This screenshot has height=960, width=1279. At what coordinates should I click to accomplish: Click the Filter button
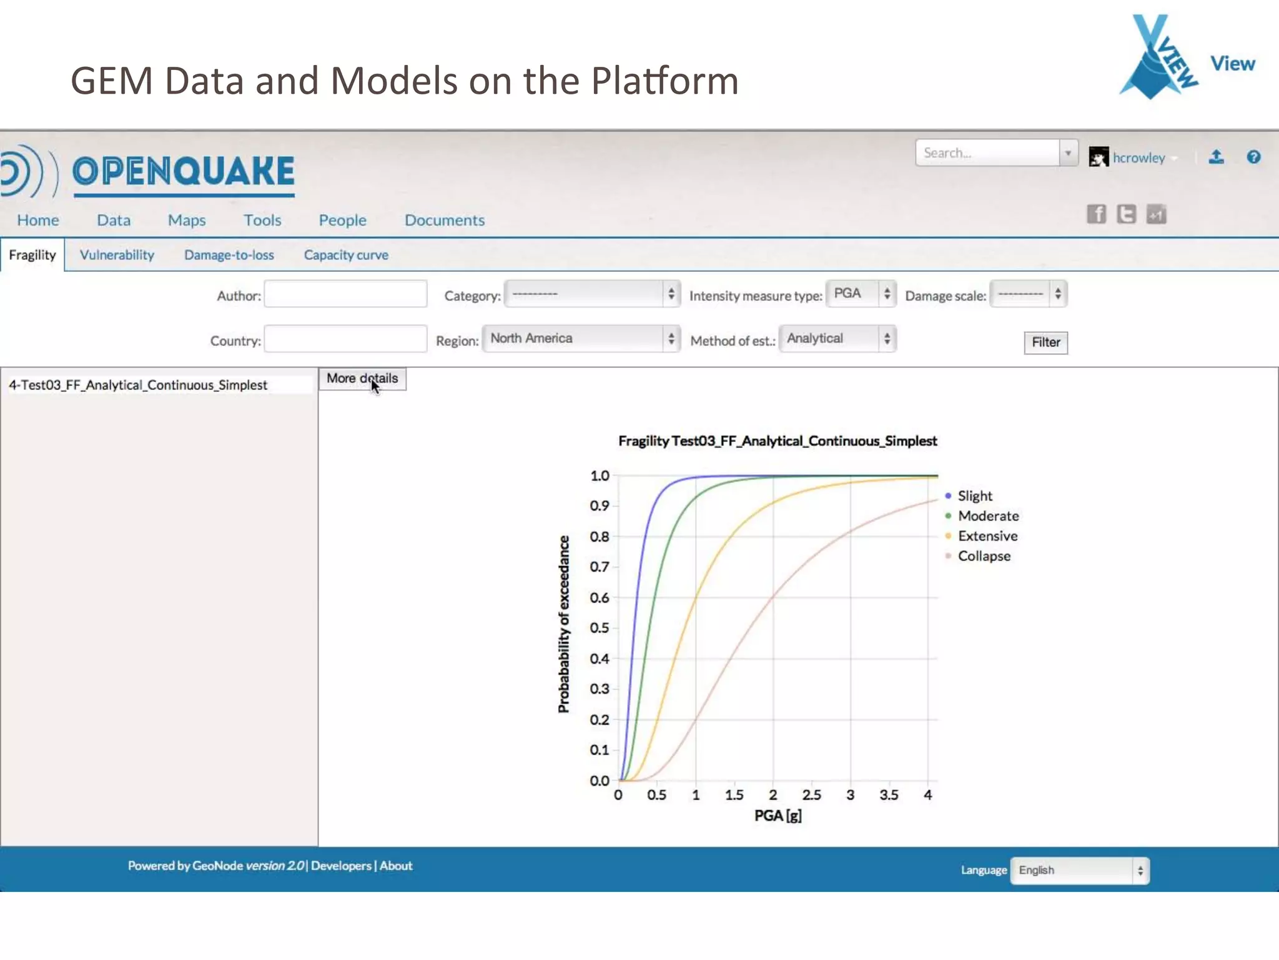(1045, 342)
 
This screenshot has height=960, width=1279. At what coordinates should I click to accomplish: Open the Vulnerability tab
(117, 255)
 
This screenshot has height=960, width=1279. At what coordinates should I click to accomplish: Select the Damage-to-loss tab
(229, 255)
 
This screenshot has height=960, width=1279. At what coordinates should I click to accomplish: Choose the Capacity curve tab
(346, 255)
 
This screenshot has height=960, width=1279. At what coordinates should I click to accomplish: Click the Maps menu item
(186, 220)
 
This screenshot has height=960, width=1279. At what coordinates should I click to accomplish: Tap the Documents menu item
(444, 220)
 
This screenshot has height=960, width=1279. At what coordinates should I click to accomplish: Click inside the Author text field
(345, 294)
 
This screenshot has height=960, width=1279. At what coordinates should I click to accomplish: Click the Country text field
(345, 339)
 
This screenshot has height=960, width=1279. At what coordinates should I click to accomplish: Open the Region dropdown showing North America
(581, 339)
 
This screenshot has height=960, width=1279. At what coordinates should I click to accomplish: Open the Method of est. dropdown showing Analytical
(837, 339)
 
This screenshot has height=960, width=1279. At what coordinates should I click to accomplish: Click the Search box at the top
(987, 153)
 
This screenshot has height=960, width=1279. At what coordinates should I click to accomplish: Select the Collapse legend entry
(984, 556)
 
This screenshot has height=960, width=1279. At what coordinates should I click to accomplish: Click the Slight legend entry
(974, 496)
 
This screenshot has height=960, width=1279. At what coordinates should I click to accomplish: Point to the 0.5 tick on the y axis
(600, 628)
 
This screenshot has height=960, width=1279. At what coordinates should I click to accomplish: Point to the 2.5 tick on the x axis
(811, 795)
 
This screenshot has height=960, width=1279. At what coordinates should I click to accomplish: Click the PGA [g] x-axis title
(778, 816)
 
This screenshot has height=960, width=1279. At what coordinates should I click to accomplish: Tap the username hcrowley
(1138, 158)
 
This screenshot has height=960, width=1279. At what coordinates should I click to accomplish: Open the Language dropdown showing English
(1079, 871)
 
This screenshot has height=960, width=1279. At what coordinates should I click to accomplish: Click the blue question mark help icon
(1253, 157)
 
